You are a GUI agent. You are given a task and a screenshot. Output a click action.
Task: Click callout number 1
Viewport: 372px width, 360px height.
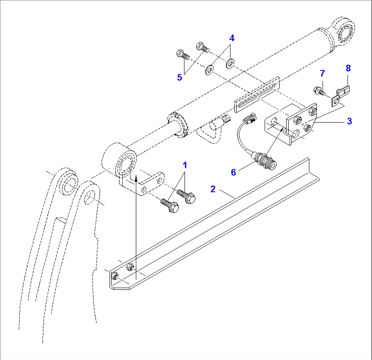(x=185, y=165)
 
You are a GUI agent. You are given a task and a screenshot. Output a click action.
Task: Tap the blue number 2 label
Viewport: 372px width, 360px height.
(x=213, y=189)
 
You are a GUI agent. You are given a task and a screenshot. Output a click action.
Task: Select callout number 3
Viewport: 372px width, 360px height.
(x=349, y=121)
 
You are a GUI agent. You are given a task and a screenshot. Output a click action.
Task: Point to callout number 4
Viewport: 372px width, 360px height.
(x=232, y=38)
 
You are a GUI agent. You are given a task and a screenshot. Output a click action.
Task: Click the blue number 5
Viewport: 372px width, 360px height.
(x=180, y=77)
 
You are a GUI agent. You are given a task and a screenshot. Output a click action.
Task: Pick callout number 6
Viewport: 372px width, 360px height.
(x=233, y=172)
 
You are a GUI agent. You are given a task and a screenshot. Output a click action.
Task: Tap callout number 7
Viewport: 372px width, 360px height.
(x=322, y=74)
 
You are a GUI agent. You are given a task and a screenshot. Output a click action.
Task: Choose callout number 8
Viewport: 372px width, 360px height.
(x=348, y=68)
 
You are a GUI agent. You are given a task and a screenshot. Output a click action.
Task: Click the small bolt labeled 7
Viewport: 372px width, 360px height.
(x=319, y=91)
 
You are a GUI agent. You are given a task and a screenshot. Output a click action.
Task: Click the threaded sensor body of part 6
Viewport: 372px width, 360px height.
(x=265, y=161)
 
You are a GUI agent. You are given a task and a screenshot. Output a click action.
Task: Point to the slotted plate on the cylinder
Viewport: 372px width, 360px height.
(x=257, y=94)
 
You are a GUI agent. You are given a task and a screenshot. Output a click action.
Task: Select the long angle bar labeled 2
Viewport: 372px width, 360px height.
(x=214, y=223)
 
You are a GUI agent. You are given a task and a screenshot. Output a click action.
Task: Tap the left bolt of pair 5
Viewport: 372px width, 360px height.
(x=183, y=55)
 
